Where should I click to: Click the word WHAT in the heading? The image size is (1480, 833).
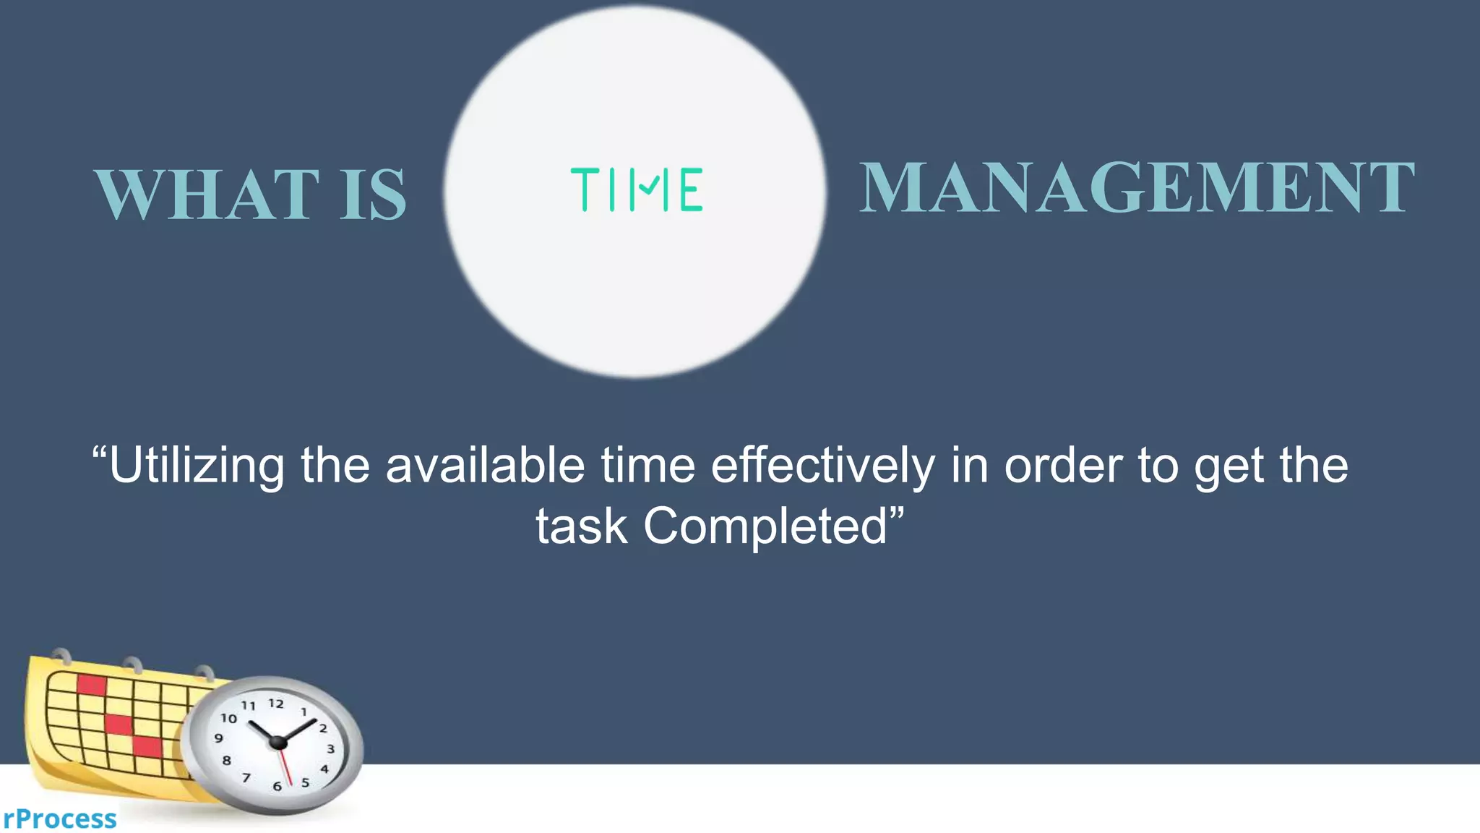tap(207, 194)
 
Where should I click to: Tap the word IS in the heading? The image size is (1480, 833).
tap(373, 194)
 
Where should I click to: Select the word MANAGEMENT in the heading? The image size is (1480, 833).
tap(1136, 188)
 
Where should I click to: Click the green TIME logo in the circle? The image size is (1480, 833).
tap(636, 189)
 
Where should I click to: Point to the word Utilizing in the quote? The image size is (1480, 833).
tap(197, 466)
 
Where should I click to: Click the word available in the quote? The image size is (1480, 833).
tap(485, 466)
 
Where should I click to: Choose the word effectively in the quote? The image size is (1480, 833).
tap(822, 466)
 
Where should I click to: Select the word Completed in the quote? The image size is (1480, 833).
tap(765, 526)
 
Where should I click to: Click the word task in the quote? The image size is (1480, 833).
tap(581, 526)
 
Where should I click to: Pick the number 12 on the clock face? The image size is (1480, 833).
tap(276, 703)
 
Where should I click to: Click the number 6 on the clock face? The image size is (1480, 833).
tap(277, 786)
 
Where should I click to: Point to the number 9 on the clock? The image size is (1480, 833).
tap(218, 738)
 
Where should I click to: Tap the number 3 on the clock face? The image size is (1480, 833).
tap(331, 749)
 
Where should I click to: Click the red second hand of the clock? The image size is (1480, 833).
tap(285, 766)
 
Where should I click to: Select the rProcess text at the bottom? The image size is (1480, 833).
tap(59, 819)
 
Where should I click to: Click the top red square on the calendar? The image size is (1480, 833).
tap(92, 684)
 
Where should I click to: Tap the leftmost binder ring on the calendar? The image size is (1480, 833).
tap(61, 656)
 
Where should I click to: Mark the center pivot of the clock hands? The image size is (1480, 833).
tap(278, 743)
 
